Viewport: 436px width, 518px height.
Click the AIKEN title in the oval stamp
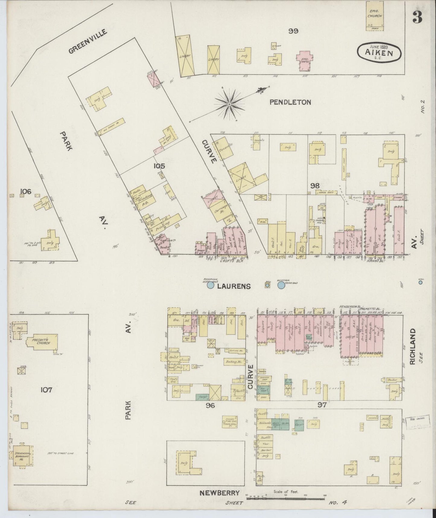379,53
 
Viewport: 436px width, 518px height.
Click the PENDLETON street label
290,102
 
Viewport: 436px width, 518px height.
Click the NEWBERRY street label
219,493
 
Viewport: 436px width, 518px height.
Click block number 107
46,390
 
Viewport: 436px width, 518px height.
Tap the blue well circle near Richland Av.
420,283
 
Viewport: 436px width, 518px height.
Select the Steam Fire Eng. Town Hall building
231,421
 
